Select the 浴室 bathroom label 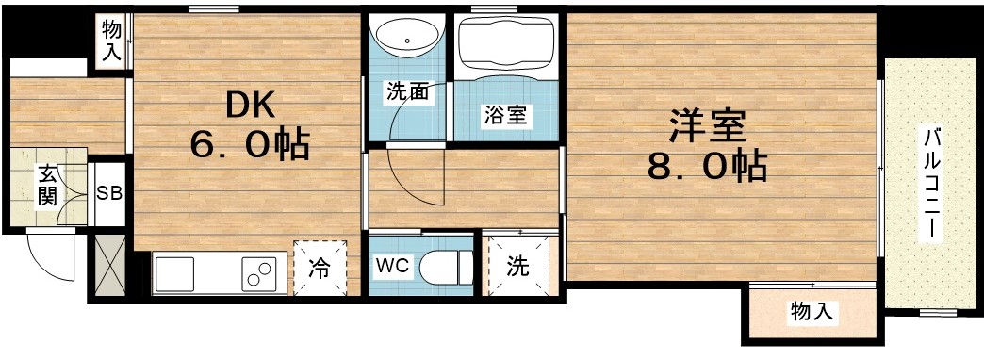505,116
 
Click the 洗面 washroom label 407,92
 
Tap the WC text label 392,267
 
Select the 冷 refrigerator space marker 320,269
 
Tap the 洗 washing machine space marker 518,267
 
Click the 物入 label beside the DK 111,41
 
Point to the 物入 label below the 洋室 812,311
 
